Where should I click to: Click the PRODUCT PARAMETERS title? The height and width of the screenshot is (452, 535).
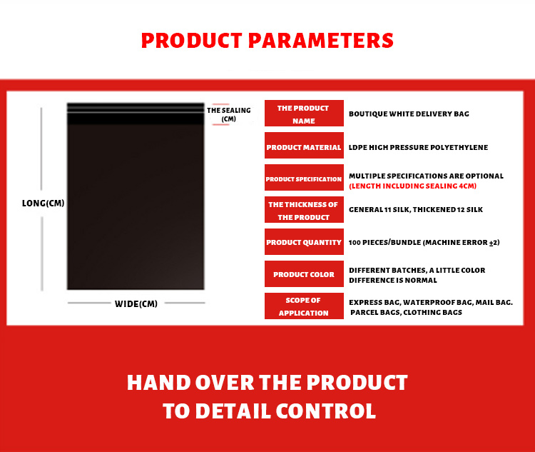[x=267, y=40]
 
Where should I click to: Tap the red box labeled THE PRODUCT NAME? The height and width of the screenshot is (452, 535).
[x=304, y=113]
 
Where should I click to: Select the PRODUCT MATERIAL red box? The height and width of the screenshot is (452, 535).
[x=304, y=145]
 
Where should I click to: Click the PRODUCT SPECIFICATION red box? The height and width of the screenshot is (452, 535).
[x=304, y=177]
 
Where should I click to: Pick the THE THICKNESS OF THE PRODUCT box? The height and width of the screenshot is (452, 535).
[x=304, y=209]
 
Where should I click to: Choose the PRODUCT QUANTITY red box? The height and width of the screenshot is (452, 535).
[x=304, y=241]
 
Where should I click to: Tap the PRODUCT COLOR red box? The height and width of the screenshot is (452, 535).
[x=304, y=273]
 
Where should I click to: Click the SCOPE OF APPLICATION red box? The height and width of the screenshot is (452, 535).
[x=304, y=306]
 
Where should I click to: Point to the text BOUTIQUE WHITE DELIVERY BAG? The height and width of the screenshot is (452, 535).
[x=409, y=114]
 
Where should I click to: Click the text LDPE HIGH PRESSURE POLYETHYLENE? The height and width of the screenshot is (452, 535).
[x=418, y=147]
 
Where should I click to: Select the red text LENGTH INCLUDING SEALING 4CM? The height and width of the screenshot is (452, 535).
[x=412, y=186]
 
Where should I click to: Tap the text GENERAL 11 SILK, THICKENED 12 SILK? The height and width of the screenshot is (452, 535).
[x=416, y=209]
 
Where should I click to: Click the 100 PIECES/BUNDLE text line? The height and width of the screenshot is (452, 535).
[x=424, y=242]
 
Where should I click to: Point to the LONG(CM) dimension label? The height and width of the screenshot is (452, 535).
[x=44, y=204]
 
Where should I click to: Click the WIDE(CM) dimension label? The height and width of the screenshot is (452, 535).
[x=136, y=303]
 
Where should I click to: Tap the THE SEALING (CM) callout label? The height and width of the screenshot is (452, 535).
[x=228, y=114]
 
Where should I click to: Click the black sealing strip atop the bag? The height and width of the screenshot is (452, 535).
[x=136, y=114]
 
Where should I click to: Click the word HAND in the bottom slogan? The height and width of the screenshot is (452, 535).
[x=158, y=382]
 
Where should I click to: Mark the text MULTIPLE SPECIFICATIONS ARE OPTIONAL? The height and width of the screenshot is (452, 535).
[x=426, y=176]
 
